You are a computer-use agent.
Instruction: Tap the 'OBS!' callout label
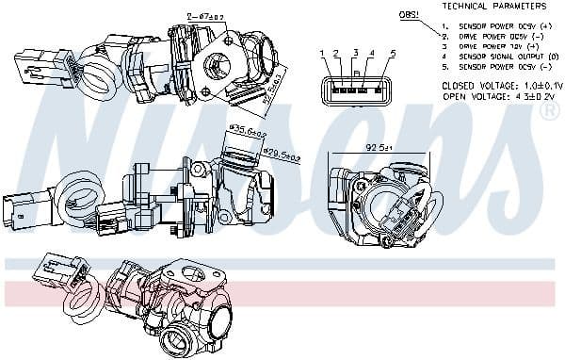click(410, 15)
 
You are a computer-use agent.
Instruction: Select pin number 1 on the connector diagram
click(322, 53)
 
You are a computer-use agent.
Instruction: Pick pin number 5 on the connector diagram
click(392, 53)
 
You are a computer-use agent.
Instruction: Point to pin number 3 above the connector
click(355, 53)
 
